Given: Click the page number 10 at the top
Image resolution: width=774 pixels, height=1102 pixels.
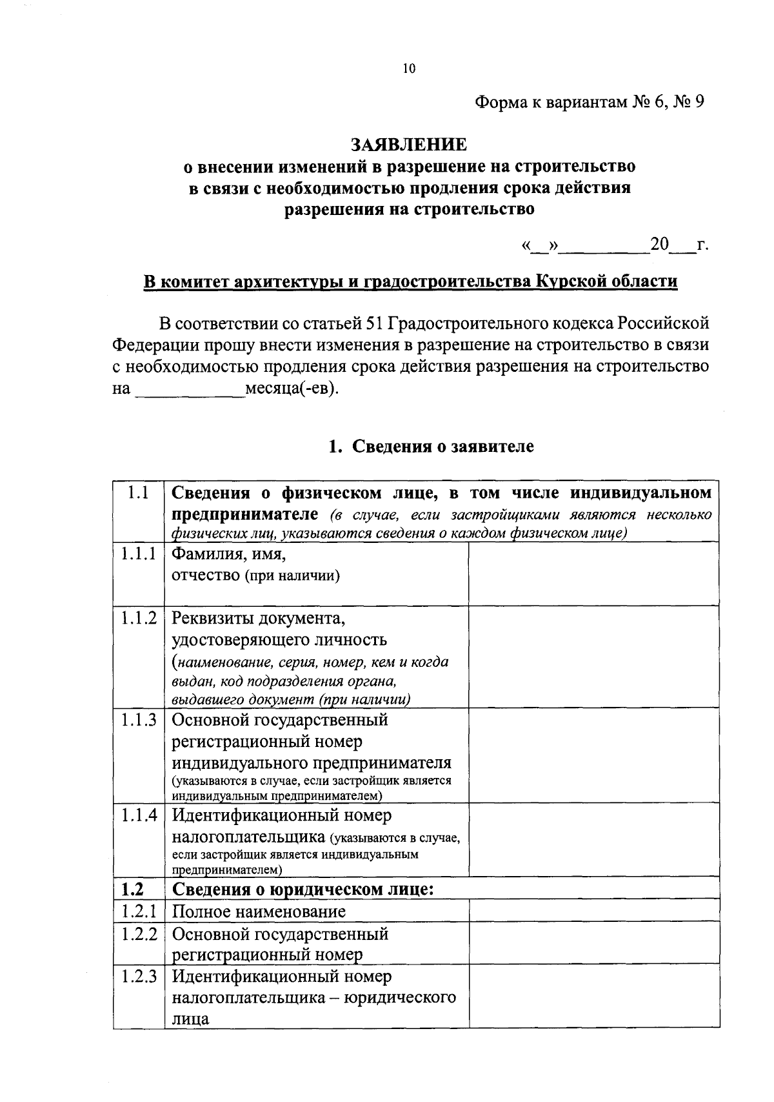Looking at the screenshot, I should [409, 69].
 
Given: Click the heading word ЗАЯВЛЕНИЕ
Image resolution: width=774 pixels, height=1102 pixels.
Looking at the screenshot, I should [408, 144].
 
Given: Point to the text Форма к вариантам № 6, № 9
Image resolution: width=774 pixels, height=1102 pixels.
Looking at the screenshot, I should [588, 102].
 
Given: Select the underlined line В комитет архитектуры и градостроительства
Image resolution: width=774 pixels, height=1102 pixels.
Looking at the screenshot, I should [410, 282].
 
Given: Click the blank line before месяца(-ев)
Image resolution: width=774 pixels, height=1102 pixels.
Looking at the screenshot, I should [189, 390].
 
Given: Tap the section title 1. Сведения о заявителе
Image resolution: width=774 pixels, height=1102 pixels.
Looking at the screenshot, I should [432, 446].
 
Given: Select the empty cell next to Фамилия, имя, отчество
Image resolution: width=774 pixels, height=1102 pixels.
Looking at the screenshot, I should [593, 573].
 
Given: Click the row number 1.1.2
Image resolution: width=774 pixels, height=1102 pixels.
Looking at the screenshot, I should [139, 618].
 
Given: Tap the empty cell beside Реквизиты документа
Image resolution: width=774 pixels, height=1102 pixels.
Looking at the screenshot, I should [593, 657].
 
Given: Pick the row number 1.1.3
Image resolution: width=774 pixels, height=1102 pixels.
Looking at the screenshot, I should [139, 720].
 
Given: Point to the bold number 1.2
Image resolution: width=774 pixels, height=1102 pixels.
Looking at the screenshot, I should [132, 889].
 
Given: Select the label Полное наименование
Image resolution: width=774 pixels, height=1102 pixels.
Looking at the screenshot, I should [259, 912].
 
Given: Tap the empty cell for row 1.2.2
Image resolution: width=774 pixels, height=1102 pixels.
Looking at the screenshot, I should [593, 943].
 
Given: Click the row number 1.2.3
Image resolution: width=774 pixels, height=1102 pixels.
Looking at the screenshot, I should [139, 977].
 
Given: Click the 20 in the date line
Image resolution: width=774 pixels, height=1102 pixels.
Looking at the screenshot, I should [660, 245].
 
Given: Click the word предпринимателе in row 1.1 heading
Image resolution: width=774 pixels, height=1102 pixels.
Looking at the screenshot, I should [245, 515].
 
